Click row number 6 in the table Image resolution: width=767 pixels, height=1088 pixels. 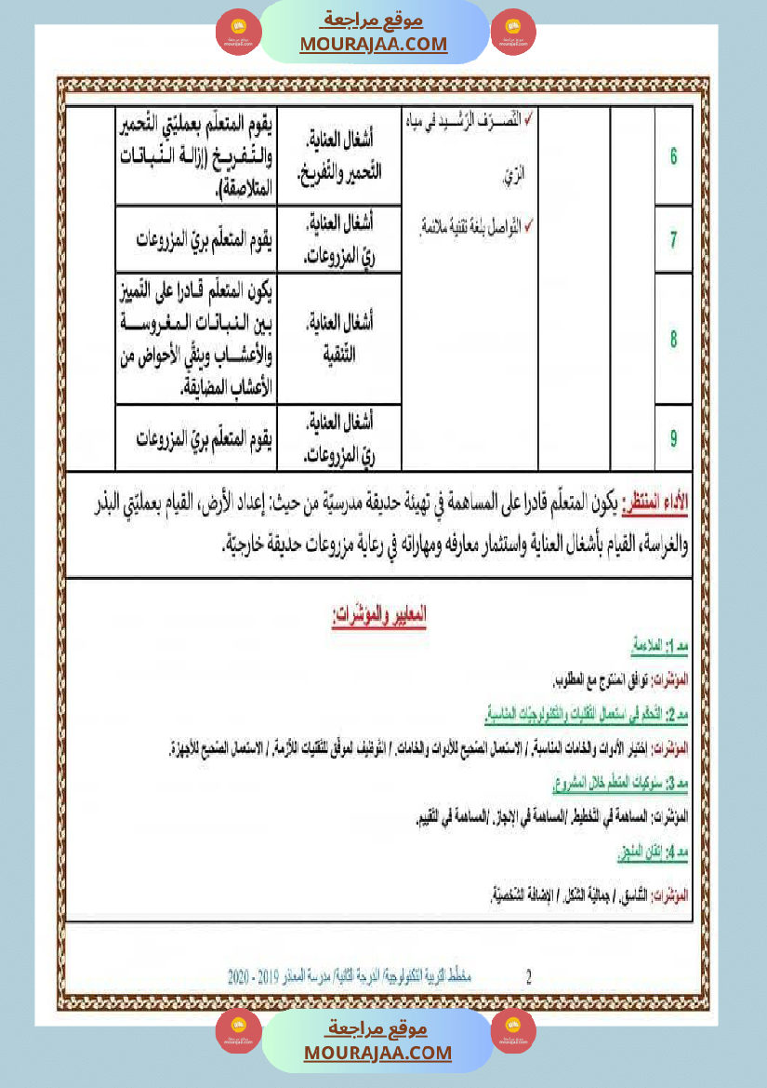[x=673, y=155]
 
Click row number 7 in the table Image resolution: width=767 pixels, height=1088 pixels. [x=673, y=239]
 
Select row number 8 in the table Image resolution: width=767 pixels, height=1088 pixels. [x=673, y=339]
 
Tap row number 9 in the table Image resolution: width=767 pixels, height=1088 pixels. [x=673, y=437]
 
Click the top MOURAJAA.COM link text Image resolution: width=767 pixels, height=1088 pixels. [x=374, y=44]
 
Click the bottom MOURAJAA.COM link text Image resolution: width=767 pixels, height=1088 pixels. [x=377, y=1053]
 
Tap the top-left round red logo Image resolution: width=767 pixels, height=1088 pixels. [x=239, y=33]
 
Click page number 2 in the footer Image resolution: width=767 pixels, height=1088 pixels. [x=529, y=977]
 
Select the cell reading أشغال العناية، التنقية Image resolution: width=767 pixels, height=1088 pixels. [x=340, y=339]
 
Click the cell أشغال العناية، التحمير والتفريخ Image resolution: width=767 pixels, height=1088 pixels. [x=340, y=155]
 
